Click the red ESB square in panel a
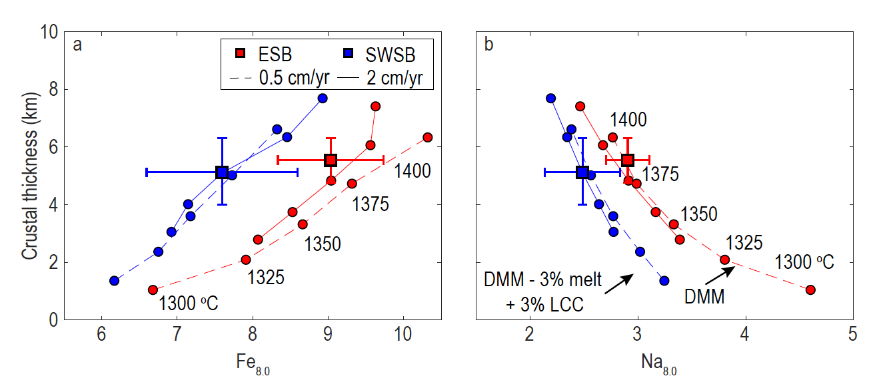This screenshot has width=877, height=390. tap(331, 160)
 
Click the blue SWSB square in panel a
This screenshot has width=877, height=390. tap(222, 172)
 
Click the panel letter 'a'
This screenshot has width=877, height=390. tap(78, 45)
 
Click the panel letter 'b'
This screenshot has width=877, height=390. tap(490, 45)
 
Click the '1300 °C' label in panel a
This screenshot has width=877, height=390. tap(188, 304)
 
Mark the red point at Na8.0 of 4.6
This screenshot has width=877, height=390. tap(810, 290)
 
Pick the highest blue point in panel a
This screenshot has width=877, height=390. tap(323, 98)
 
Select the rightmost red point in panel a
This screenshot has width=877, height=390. tap(428, 137)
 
